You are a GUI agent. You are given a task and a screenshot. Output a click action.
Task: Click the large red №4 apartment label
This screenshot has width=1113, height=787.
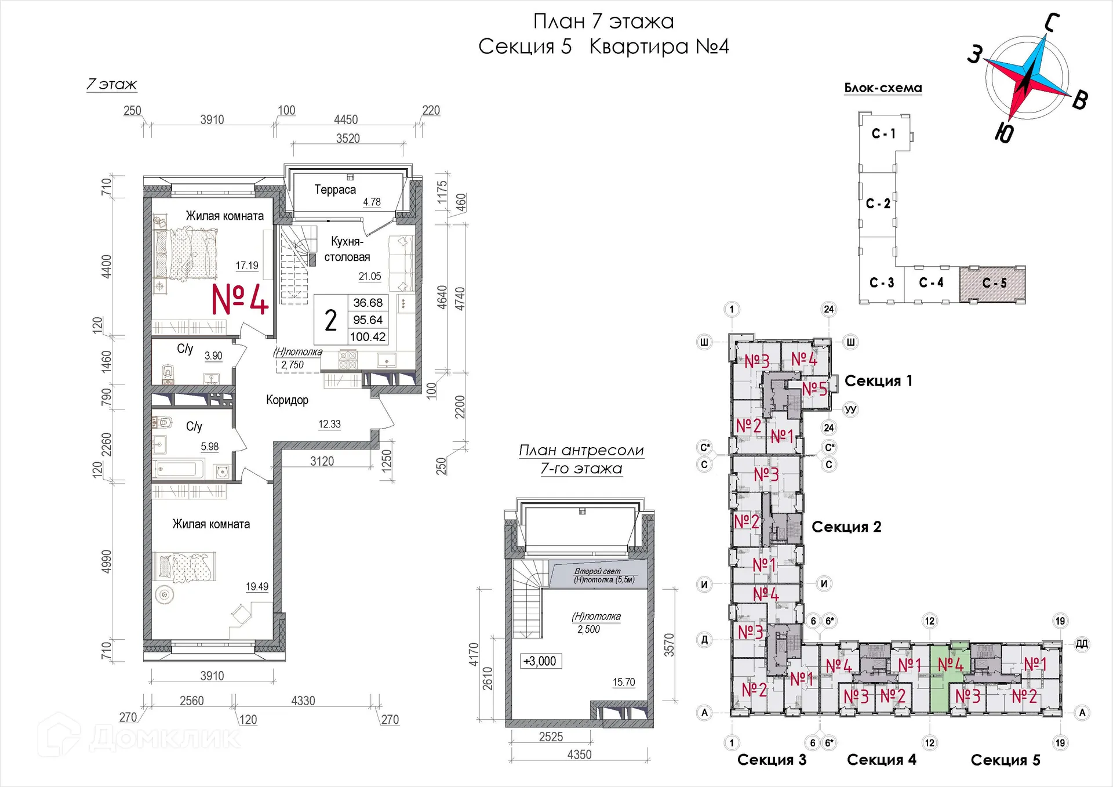coord(239,300)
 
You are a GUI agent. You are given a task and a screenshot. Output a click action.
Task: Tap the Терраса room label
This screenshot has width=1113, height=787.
coord(335,190)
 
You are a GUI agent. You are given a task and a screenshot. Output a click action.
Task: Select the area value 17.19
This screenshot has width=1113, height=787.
coord(247,265)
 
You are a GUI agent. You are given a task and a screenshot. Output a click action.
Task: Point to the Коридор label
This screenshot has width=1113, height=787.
coord(287,400)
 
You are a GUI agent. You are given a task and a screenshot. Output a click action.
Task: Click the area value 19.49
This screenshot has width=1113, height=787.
coord(257,586)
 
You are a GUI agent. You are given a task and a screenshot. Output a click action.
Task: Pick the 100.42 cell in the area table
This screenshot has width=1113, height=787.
coord(368,336)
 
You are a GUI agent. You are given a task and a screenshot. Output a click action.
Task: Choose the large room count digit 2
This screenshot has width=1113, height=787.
coord(330,320)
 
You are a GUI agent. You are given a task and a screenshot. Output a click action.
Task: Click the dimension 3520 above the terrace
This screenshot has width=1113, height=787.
coord(348,138)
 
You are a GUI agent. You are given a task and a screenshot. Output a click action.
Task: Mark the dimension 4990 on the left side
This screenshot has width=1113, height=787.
coord(107,562)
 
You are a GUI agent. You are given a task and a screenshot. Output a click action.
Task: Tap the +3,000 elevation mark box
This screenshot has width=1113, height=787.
coord(540,661)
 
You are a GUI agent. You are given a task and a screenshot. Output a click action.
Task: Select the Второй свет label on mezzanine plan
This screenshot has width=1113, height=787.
coord(597,571)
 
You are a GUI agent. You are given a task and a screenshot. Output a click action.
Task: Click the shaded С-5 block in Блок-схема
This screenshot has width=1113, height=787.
coord(992,284)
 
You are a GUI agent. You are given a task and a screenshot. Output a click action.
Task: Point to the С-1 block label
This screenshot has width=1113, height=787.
coord(883,133)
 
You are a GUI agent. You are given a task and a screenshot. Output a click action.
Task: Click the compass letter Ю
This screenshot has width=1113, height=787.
coord(1004,133)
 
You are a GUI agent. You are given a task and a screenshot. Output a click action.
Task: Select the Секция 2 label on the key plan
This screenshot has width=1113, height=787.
coord(846,527)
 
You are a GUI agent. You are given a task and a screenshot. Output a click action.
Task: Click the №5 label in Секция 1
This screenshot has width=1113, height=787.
coord(814,389)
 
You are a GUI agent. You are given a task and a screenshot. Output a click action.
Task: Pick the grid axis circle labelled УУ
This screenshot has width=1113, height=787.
coord(850,409)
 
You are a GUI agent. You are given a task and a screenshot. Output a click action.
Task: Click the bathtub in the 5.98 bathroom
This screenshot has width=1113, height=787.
coord(179,469)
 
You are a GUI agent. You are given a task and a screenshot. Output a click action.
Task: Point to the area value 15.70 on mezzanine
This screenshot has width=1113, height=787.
coord(624,682)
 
